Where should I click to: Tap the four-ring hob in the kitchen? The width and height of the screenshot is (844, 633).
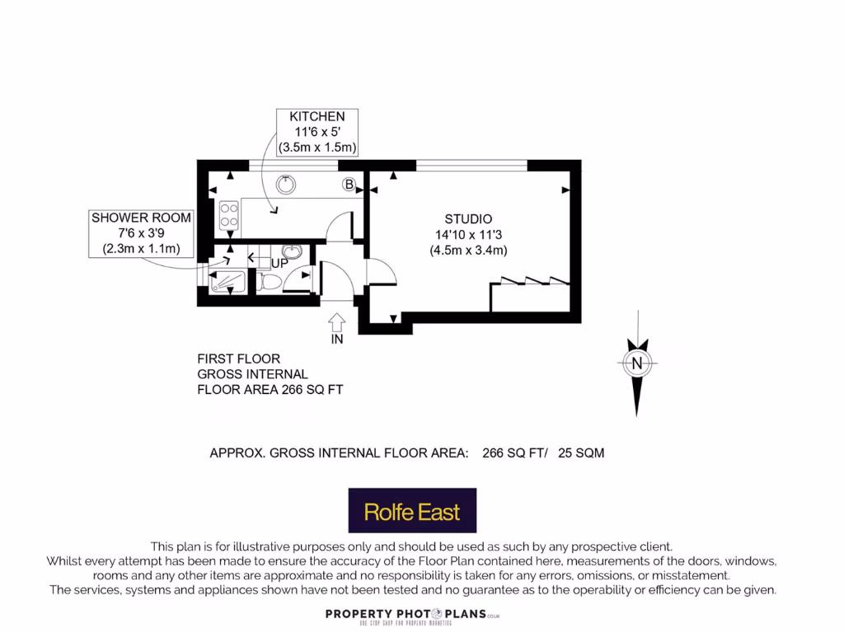click(228, 214)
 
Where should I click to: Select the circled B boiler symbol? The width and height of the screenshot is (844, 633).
click(349, 185)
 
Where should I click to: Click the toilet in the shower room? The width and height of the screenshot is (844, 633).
click(270, 282)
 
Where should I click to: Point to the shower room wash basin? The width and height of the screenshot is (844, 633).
click(291, 251)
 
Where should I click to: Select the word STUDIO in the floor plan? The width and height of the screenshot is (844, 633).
click(468, 219)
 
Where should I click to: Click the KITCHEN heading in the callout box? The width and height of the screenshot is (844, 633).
click(316, 116)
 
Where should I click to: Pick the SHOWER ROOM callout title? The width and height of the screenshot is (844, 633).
click(141, 218)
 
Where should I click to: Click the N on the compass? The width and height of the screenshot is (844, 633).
click(635, 362)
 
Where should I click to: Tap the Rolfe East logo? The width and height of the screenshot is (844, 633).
click(412, 511)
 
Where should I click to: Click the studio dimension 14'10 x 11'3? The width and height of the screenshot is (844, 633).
click(468, 235)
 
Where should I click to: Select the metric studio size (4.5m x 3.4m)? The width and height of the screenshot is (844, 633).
click(468, 251)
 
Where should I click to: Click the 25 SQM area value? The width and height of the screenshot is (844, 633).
click(581, 452)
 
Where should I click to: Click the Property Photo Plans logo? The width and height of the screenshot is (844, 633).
click(413, 615)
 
